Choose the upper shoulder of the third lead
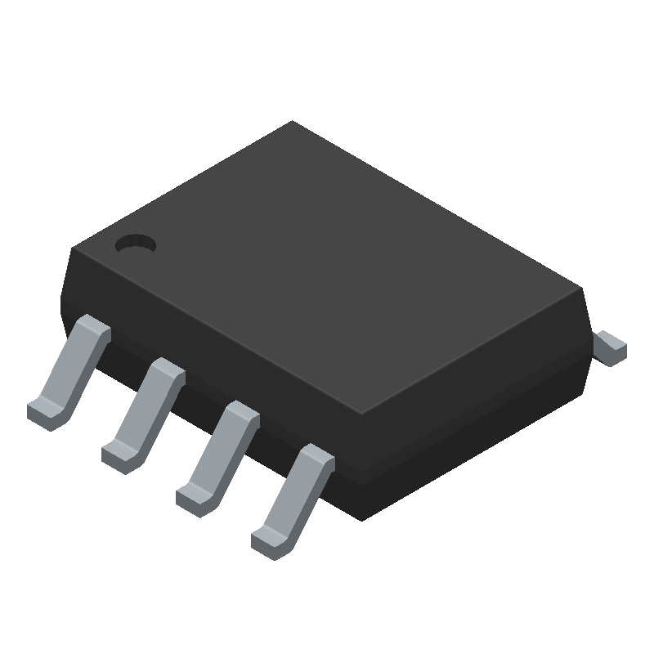click(241, 414)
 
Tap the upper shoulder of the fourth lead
click(316, 458)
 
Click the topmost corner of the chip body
click(293, 122)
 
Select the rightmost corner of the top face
click(580, 288)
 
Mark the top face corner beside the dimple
click(74, 248)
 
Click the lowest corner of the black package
click(361, 520)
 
